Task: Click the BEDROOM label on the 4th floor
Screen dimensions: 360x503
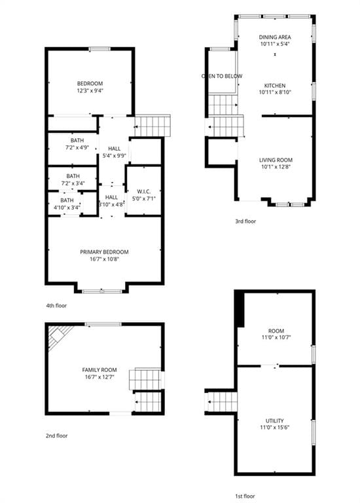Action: click(90, 84)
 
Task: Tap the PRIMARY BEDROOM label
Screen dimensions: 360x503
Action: click(104, 252)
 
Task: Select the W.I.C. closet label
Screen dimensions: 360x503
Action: click(143, 191)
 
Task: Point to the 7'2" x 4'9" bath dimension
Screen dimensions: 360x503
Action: click(77, 147)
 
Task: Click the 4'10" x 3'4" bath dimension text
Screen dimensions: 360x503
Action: click(67, 208)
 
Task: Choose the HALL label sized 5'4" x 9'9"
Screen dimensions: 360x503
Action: click(114, 149)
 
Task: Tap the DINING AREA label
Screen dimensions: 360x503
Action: click(275, 37)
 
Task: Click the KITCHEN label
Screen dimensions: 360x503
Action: click(275, 86)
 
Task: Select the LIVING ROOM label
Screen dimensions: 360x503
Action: click(276, 160)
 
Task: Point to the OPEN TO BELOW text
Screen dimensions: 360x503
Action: click(222, 76)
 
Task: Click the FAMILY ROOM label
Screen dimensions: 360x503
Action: click(99, 370)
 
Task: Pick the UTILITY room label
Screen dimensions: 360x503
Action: click(275, 420)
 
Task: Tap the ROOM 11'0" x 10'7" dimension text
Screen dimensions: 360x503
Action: click(276, 337)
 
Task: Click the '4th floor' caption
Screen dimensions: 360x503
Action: click(56, 306)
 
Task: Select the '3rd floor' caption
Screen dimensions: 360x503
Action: click(245, 221)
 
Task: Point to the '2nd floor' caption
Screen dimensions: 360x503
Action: click(57, 436)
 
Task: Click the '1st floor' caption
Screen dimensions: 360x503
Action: click(245, 496)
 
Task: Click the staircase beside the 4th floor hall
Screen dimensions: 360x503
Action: click(153, 126)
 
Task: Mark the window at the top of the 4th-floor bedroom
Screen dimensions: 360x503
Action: click(99, 49)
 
